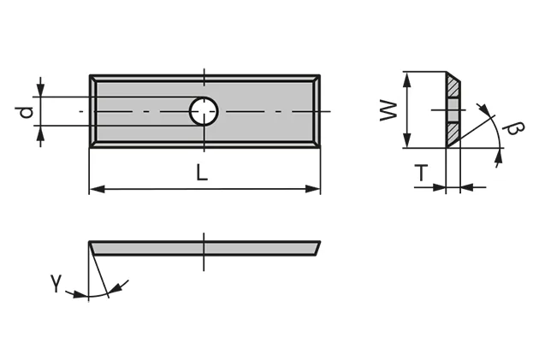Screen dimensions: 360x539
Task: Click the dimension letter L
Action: [x=201, y=172]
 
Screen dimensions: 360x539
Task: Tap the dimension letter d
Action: [x=26, y=111]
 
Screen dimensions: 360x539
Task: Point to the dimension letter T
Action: [x=420, y=174]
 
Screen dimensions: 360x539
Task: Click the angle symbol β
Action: [x=514, y=129]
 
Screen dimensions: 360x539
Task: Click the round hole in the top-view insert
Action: [x=204, y=111]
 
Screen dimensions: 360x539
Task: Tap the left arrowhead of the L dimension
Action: [x=95, y=188]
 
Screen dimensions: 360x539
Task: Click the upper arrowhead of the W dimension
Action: [x=410, y=78]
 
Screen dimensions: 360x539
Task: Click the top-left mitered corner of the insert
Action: [x=93, y=79]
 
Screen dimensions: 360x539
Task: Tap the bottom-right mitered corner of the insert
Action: [x=317, y=143]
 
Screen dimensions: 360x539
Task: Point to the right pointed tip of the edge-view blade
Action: [x=320, y=242]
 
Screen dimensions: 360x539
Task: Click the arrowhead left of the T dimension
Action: [x=441, y=187]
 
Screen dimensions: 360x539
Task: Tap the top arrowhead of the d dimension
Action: [x=40, y=91]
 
